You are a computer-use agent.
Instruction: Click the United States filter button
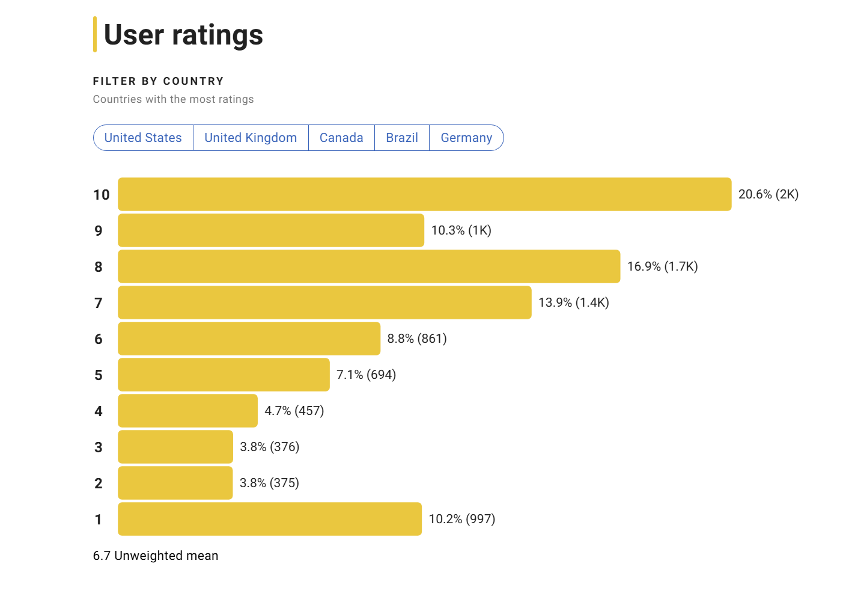point(143,138)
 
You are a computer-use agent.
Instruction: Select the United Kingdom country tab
point(251,138)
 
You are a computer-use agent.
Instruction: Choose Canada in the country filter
point(341,138)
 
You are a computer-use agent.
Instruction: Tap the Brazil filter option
point(402,138)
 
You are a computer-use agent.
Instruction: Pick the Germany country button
point(466,138)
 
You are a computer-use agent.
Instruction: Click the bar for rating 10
point(424,194)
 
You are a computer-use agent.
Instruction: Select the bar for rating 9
point(270,230)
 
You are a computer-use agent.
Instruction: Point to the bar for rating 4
point(187,411)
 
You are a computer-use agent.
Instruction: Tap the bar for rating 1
point(269,519)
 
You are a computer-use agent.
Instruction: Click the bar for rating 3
point(175,447)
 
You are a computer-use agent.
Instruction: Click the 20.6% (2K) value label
point(768,194)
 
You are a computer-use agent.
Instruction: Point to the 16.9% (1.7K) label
point(662,266)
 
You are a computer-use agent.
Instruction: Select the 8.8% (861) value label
point(417,339)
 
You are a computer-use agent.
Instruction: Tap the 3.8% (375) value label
point(269,483)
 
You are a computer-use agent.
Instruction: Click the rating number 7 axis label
point(99,303)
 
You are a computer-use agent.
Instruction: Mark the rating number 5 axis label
point(99,375)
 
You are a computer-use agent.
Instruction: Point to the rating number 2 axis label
point(99,484)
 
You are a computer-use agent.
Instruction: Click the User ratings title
point(183,35)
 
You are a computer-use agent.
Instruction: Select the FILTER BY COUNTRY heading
point(158,81)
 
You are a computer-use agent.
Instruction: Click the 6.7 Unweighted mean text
point(156,556)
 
